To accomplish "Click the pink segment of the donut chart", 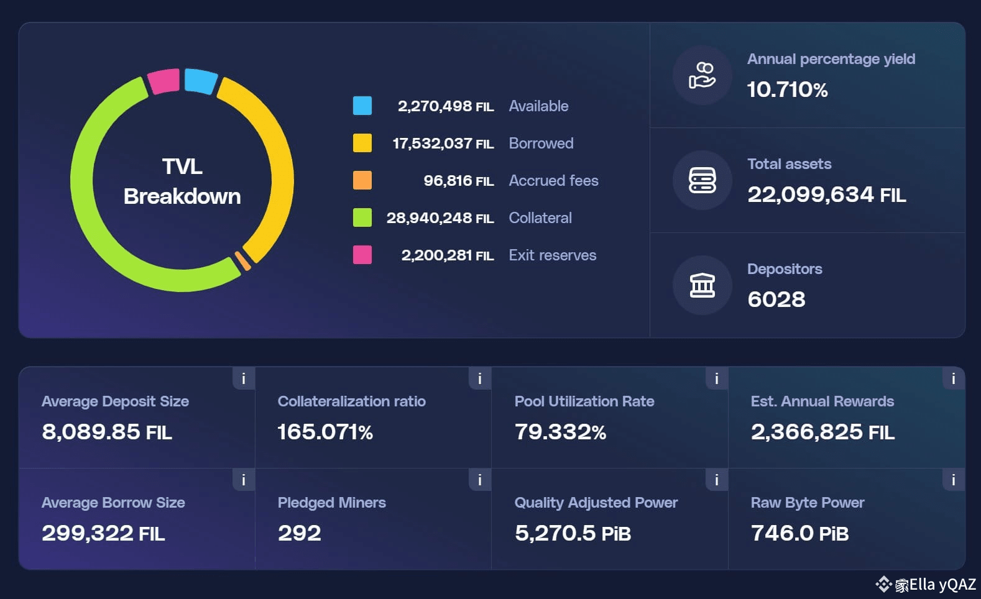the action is pyautogui.click(x=163, y=81).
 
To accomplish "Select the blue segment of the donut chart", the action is pyautogui.click(x=201, y=81).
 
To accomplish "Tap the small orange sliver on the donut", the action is pyautogui.click(x=242, y=261).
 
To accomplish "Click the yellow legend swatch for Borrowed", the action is pyautogui.click(x=362, y=143).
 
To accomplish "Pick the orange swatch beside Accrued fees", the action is pyautogui.click(x=362, y=180).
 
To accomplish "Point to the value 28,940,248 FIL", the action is pyautogui.click(x=440, y=218).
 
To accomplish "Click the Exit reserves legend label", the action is pyautogui.click(x=552, y=255).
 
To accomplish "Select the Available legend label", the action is pyautogui.click(x=538, y=106).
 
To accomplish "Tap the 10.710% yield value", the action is pyautogui.click(x=787, y=89).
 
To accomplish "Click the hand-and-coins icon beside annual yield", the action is pyautogui.click(x=702, y=75).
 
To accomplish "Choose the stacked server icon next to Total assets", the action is pyautogui.click(x=702, y=180).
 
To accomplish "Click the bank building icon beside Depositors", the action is pyautogui.click(x=702, y=285).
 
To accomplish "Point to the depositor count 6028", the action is pyautogui.click(x=776, y=299).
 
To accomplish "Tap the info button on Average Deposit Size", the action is pyautogui.click(x=244, y=378).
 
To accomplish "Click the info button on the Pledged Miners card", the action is pyautogui.click(x=480, y=480).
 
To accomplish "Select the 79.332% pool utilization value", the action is pyautogui.click(x=560, y=432).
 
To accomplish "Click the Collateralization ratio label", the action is pyautogui.click(x=352, y=401).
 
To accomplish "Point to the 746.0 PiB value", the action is pyautogui.click(x=799, y=533).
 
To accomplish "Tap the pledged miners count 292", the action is pyautogui.click(x=300, y=533).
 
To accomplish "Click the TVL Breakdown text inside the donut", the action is pyautogui.click(x=182, y=181).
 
